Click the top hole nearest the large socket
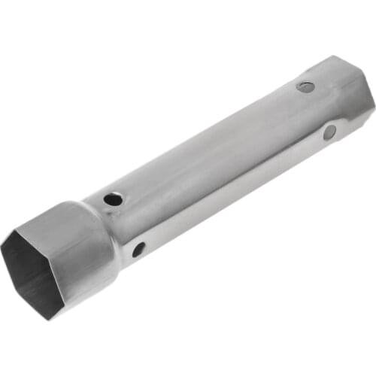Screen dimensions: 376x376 coord(113,199)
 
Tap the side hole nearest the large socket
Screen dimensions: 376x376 coord(138,249)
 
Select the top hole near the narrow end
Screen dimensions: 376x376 coord(305,86)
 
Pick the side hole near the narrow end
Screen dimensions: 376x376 coord(329,132)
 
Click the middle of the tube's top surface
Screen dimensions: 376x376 coord(211,143)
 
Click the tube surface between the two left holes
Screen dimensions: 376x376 coord(126,224)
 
